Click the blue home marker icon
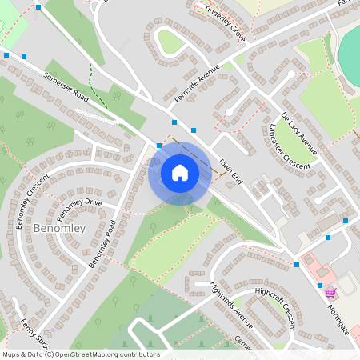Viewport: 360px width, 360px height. coord(179,173)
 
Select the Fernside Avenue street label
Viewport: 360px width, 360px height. coord(196,83)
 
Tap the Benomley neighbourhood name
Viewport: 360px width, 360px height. coord(60,229)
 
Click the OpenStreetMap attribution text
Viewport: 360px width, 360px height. coord(81,354)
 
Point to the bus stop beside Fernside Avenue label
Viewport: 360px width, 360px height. coord(174,122)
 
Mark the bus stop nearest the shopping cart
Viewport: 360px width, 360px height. coord(320,286)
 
